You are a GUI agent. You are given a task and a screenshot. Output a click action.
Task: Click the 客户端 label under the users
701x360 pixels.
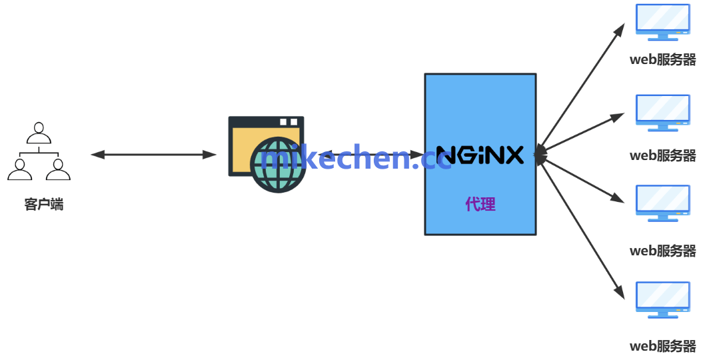point(43,205)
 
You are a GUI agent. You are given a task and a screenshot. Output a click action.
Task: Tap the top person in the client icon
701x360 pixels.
point(39,133)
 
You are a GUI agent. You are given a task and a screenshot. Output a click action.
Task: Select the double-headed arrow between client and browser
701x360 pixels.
point(153,155)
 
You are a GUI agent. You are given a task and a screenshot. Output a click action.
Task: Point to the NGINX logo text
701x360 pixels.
point(480,155)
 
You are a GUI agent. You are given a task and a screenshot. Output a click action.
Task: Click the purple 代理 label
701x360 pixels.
point(480,204)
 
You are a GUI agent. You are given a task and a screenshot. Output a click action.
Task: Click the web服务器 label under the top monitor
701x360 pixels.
point(662,60)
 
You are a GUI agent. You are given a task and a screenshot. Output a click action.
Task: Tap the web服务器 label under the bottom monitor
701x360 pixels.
point(662,346)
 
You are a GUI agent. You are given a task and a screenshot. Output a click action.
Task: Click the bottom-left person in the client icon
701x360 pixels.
point(19,170)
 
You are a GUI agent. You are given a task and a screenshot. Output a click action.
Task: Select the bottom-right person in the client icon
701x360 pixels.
point(58,170)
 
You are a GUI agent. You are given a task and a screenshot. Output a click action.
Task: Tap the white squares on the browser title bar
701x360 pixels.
point(288,122)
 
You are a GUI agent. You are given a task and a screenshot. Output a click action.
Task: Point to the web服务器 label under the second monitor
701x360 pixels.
point(662,155)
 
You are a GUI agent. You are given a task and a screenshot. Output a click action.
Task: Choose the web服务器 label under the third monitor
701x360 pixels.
point(662,251)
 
